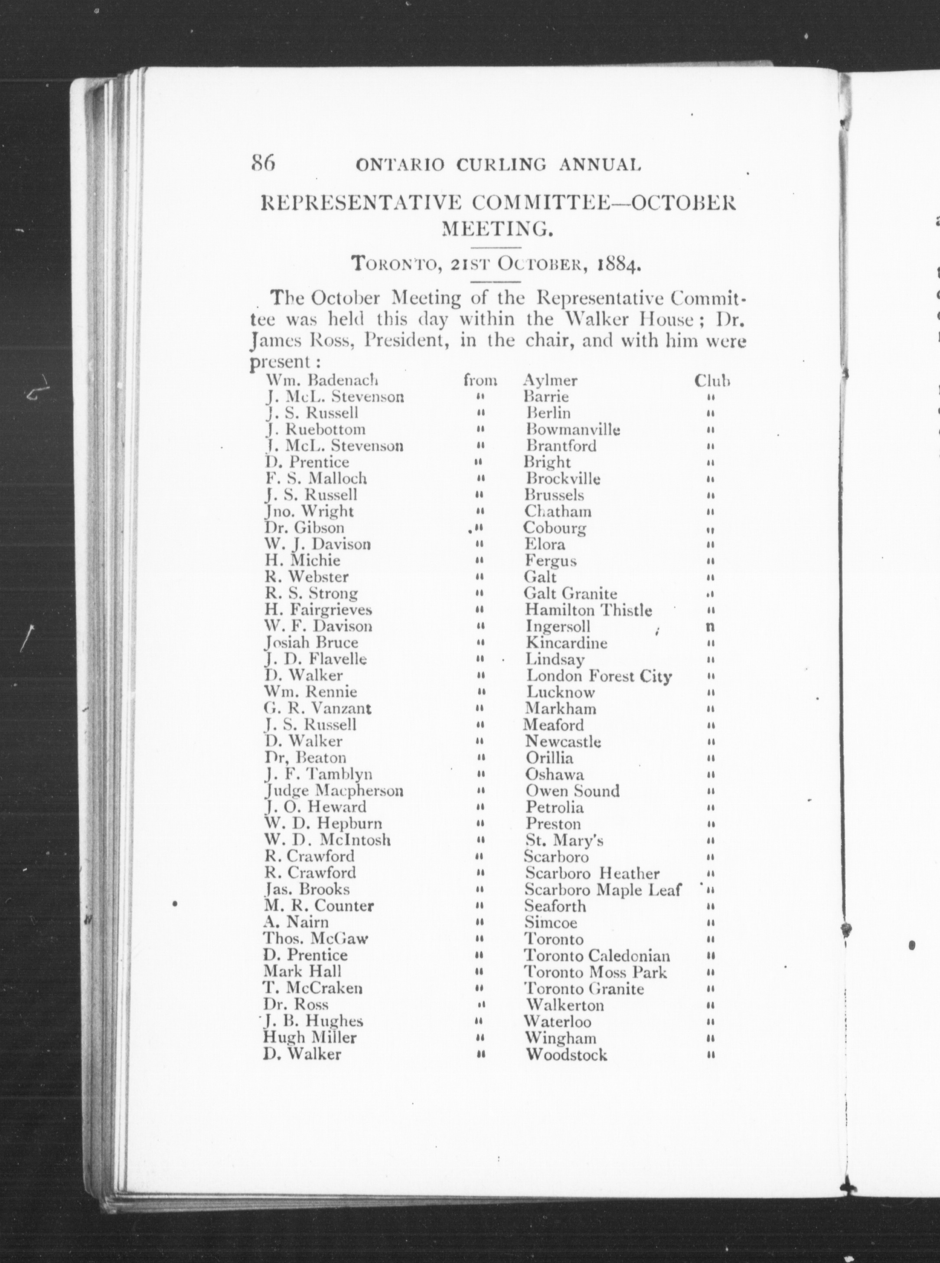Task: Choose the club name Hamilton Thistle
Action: pyautogui.click(x=588, y=610)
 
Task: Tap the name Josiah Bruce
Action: pyautogui.click(x=311, y=643)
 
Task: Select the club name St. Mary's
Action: pyautogui.click(x=564, y=840)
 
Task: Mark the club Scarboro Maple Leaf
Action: pyautogui.click(x=602, y=890)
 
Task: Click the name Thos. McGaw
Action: pyautogui.click(x=315, y=939)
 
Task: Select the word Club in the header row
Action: pyautogui.click(x=712, y=381)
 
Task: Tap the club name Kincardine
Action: pyautogui.click(x=566, y=643)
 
